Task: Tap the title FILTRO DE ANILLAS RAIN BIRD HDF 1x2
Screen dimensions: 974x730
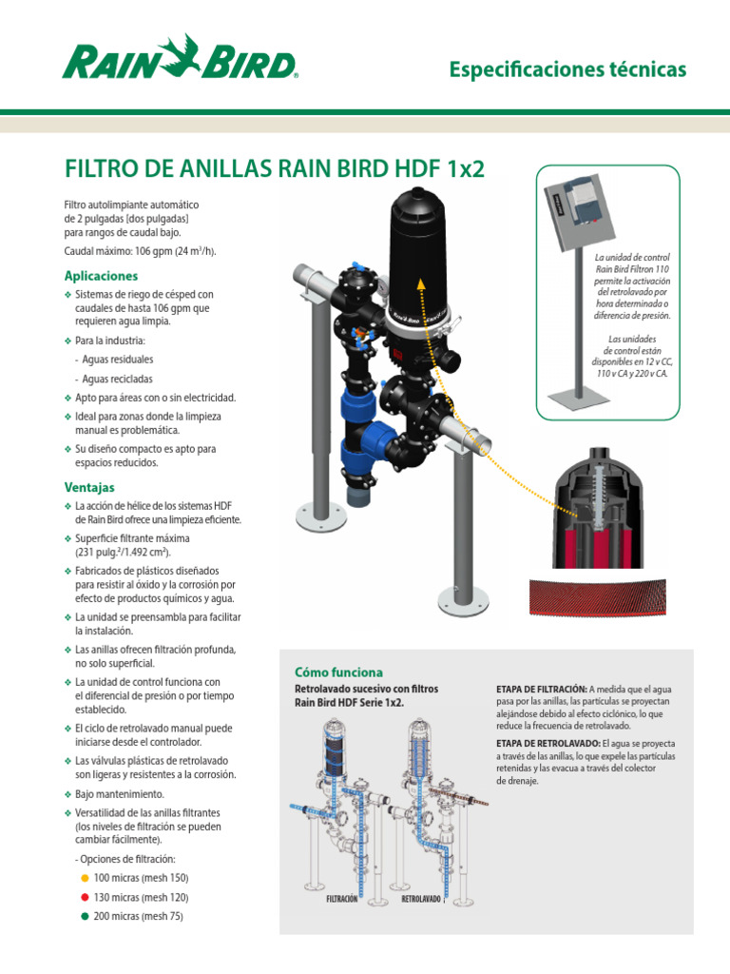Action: [x=274, y=169]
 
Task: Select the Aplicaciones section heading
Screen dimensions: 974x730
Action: [x=101, y=276]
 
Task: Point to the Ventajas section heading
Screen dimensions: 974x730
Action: [x=89, y=487]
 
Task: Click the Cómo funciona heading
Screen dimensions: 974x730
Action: [x=339, y=672]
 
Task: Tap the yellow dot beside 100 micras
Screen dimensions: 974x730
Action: [x=85, y=878]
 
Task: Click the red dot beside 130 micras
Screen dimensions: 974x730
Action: [x=85, y=897]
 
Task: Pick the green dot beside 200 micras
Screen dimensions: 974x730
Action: [x=85, y=916]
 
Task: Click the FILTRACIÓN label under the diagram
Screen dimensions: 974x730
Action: [x=347, y=898]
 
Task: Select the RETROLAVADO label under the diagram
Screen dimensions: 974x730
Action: [x=421, y=898]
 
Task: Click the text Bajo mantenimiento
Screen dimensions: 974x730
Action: [x=120, y=793]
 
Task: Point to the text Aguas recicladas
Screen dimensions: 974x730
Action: [x=119, y=379]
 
